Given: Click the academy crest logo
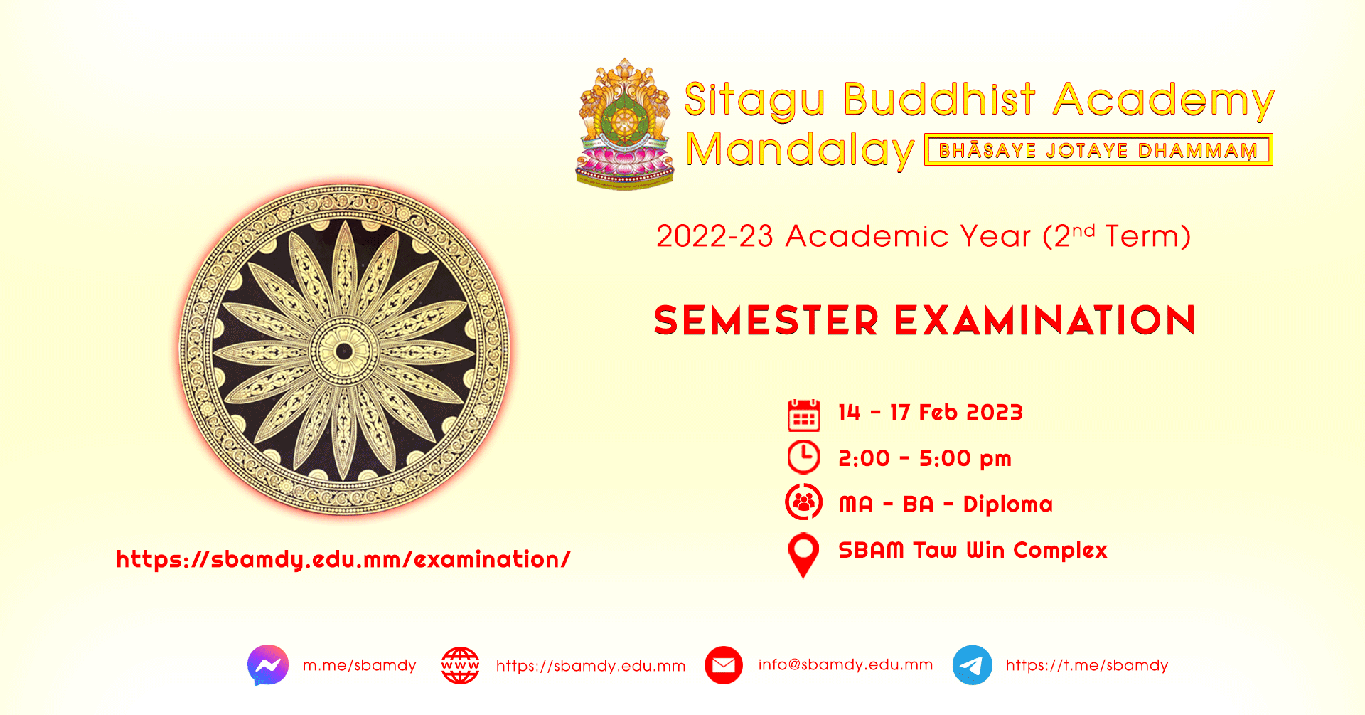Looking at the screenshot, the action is [625, 124].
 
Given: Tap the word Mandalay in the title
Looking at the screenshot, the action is [800, 151].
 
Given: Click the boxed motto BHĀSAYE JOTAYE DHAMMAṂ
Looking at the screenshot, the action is [1098, 150].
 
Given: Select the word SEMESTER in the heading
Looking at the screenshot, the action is [766, 320].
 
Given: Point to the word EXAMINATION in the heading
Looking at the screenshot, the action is [1045, 320].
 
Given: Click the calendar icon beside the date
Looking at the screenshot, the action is [804, 415].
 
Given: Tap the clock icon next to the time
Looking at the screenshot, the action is [804, 457].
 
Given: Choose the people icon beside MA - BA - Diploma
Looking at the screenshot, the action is [804, 502].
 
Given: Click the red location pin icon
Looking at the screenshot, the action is [803, 555].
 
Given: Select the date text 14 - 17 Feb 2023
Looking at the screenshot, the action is [931, 413].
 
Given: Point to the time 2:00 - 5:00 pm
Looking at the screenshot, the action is [925, 459].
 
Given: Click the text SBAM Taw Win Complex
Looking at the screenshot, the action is [973, 550].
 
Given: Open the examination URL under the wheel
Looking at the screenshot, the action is [343, 560].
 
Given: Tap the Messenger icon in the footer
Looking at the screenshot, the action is [268, 665].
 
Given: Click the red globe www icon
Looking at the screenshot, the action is [460, 665].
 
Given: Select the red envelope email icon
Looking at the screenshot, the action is [724, 665].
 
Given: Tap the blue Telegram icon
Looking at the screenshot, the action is [973, 665].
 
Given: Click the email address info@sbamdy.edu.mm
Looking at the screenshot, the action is [845, 664].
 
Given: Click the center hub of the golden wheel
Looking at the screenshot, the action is [344, 351].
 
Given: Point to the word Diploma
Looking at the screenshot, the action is [1008, 504].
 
